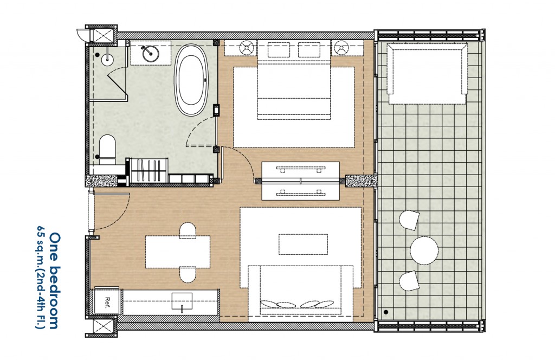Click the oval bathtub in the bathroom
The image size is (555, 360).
coord(193,81)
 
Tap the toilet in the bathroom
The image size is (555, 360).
coord(108,149)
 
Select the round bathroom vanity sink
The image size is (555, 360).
coord(147,53)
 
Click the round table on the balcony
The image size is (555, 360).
coord(424,251)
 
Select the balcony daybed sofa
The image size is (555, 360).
coord(427,73)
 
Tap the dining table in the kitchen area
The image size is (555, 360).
coord(177,252)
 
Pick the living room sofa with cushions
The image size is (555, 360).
coord(301,290)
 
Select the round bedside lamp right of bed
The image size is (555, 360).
coord(341,48)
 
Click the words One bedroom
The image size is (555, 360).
coord(54,280)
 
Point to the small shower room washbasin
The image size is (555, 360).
coord(106,57)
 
